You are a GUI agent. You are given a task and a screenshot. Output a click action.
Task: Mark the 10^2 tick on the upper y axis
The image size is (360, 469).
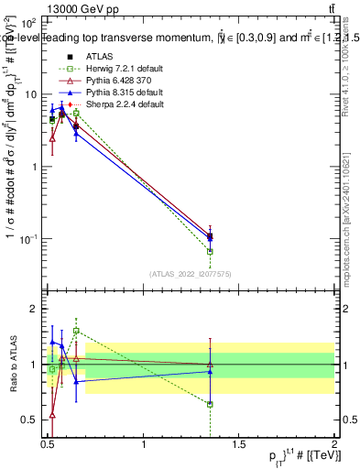click(29, 21)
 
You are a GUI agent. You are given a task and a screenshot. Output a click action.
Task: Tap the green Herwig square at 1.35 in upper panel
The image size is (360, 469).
click(211, 251)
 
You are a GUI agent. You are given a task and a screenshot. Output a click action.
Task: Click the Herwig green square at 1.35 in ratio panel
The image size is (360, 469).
click(211, 404)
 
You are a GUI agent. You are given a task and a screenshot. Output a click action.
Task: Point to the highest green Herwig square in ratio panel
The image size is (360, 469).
click(76, 331)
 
